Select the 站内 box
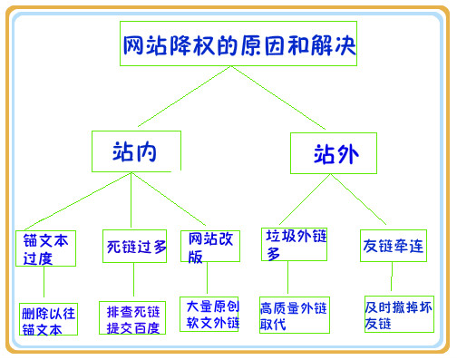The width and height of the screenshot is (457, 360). coord(136,152)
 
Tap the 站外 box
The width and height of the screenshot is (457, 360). coord(333,153)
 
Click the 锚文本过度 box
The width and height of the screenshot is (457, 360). coord(45,248)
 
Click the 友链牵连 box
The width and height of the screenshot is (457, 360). coord(392,245)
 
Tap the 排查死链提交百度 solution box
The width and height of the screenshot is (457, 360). coord(133,318)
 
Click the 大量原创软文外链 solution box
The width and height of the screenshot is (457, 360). coord(209,314)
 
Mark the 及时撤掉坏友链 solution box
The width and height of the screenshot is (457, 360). coord(399,314)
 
